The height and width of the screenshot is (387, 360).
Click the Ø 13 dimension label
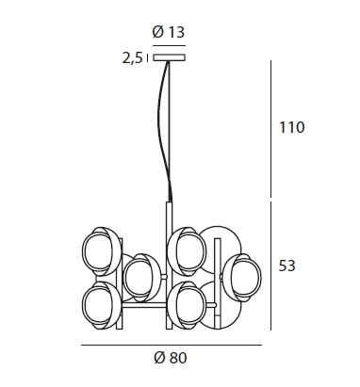(x=169, y=32)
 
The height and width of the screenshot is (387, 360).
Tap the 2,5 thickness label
(x=132, y=57)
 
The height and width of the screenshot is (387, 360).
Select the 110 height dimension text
(x=292, y=127)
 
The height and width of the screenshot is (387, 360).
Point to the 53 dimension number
(x=286, y=266)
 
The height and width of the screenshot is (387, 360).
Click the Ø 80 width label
(x=171, y=358)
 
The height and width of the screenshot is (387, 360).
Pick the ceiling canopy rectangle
(x=169, y=57)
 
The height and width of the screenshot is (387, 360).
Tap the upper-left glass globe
(x=101, y=251)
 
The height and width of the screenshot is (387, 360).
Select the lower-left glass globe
(x=101, y=305)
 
